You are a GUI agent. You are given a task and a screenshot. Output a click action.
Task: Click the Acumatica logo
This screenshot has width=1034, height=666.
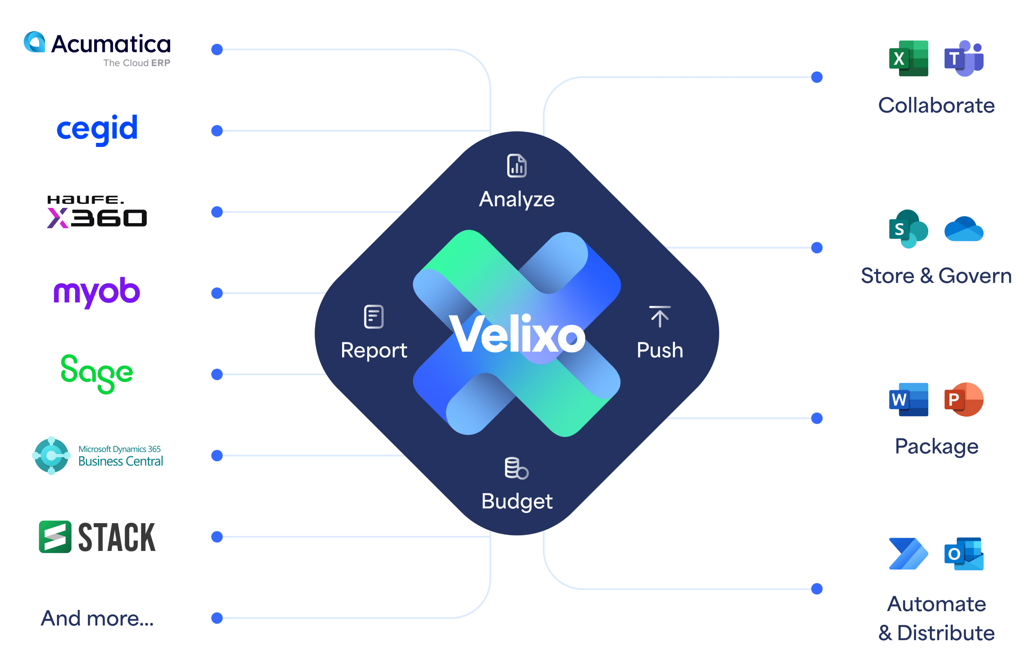(97, 49)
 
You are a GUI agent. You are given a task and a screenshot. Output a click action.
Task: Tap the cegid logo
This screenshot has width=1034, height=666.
(97, 129)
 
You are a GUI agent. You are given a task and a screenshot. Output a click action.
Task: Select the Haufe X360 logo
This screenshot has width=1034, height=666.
(97, 212)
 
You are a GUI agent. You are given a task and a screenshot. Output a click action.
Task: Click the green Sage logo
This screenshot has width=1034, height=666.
(97, 373)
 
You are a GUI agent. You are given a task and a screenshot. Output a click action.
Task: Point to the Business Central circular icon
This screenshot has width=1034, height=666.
(51, 455)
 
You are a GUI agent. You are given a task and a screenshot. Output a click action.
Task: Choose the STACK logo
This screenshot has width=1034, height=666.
(97, 537)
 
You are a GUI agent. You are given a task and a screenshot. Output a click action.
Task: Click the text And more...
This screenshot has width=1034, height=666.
(97, 618)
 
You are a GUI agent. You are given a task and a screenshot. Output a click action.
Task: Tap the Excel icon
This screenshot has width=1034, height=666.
(908, 59)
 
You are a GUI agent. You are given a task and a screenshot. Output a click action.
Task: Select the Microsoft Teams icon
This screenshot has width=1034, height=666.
(964, 59)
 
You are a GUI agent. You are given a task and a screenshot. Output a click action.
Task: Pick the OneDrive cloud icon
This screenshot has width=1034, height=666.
(964, 229)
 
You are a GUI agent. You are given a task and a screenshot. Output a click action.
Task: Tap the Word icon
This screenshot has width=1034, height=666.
(908, 399)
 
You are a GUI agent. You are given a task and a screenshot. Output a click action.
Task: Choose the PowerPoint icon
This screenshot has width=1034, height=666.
(964, 399)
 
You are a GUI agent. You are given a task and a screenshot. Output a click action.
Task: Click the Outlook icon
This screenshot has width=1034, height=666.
(964, 554)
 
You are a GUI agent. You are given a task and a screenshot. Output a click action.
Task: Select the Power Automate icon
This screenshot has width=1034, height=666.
(908, 554)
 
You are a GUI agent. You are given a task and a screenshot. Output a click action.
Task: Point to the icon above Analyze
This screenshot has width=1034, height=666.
(517, 165)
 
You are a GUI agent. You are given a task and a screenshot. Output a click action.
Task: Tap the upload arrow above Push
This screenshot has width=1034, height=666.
(660, 316)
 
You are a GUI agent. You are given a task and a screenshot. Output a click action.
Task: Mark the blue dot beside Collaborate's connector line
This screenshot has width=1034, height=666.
(817, 77)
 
